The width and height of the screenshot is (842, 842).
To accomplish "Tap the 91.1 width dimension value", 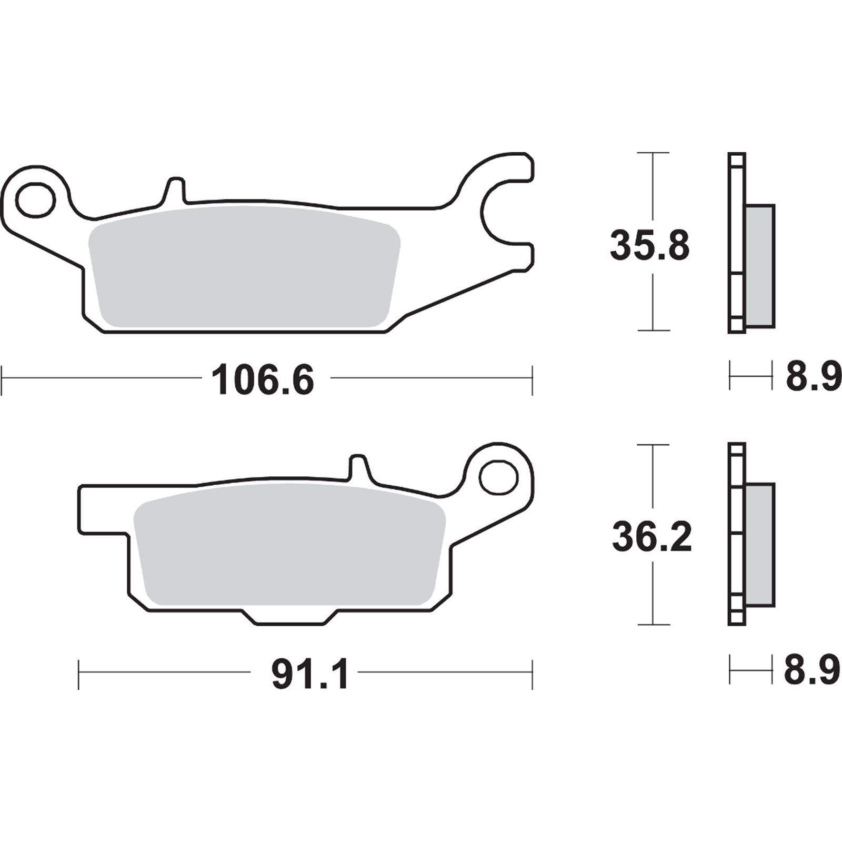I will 309,675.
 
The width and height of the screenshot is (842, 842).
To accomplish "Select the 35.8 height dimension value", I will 649,246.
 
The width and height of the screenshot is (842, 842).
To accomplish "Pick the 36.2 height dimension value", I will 651,537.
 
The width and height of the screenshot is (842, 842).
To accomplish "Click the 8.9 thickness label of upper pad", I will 813,377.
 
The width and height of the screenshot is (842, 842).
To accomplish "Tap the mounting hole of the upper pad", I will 35,200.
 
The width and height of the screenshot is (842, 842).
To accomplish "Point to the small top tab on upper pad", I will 176,188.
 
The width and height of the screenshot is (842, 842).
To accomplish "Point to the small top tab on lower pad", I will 359,465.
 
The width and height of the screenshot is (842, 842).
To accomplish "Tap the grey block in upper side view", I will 760,266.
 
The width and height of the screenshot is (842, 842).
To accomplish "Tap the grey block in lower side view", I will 760,545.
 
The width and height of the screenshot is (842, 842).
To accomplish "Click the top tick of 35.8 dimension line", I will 653,153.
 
